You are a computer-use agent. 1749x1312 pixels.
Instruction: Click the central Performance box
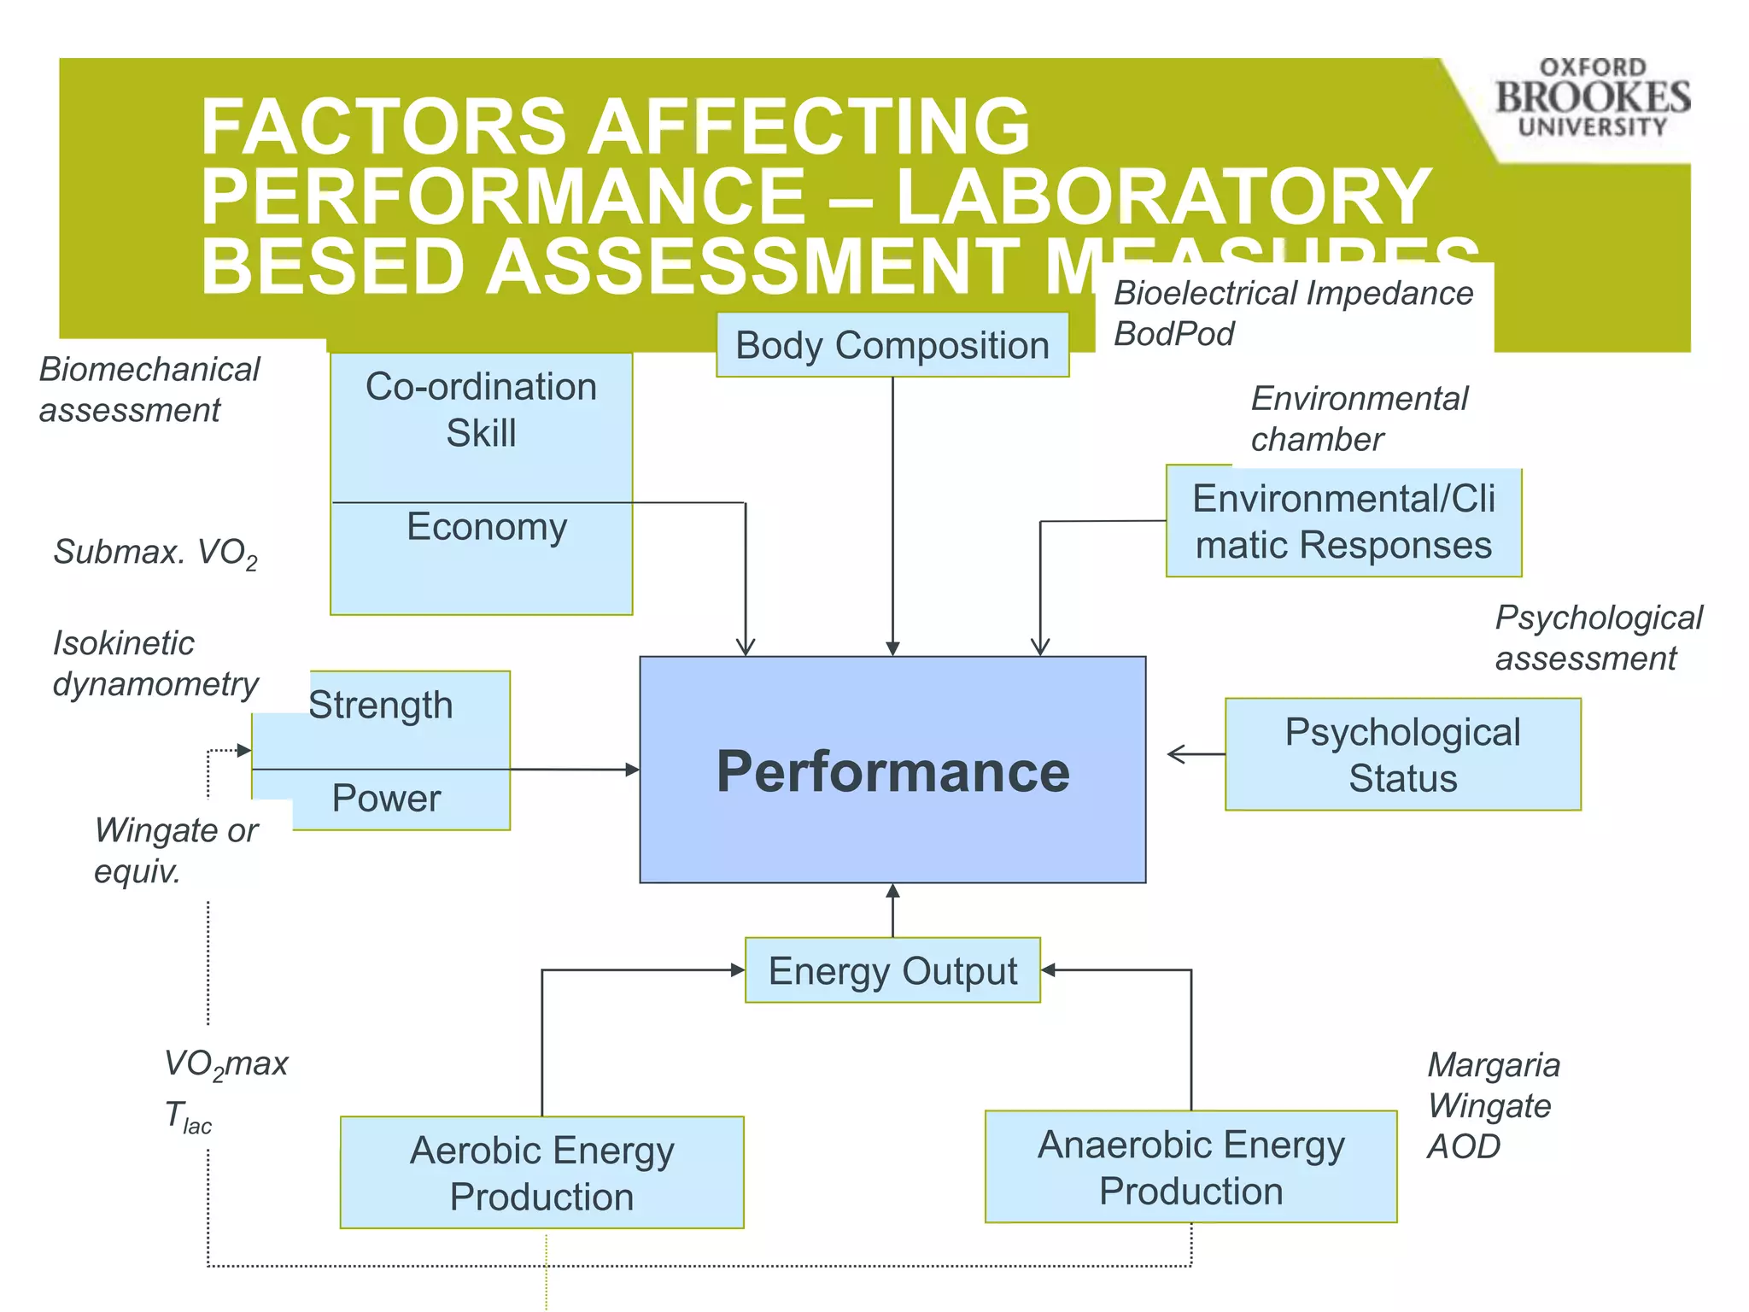(x=892, y=770)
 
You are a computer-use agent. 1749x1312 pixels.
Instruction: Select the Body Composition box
(x=892, y=345)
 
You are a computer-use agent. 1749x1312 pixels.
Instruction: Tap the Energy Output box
(x=892, y=970)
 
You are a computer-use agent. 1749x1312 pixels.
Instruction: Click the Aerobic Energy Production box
(x=541, y=1173)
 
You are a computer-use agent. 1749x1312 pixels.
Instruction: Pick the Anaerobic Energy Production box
(x=1190, y=1167)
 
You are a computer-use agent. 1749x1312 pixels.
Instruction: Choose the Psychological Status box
(x=1402, y=754)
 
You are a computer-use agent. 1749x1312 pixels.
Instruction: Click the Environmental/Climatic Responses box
(x=1343, y=522)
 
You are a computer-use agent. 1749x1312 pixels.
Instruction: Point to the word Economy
(x=487, y=526)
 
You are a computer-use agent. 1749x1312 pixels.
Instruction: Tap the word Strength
(x=381, y=706)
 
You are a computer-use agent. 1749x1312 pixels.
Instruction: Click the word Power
(x=386, y=798)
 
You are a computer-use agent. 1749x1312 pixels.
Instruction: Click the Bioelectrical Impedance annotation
(x=1293, y=293)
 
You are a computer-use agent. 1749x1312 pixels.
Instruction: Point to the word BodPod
(x=1173, y=333)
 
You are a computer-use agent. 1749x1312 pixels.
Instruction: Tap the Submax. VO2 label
(x=155, y=553)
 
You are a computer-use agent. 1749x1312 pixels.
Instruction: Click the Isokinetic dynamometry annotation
(x=155, y=663)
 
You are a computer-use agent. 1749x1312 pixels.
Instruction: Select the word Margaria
(x=1494, y=1064)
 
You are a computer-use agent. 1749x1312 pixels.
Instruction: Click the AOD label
(x=1463, y=1146)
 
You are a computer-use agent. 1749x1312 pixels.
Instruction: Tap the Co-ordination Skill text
(x=481, y=410)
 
